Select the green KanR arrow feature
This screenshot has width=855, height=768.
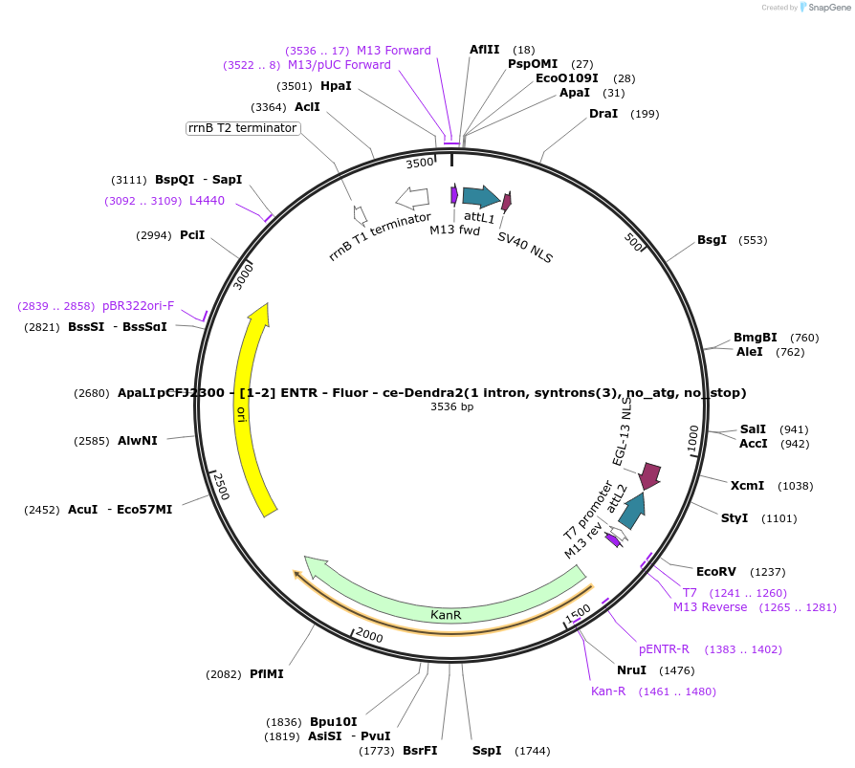446,613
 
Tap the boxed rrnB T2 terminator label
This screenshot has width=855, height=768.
243,128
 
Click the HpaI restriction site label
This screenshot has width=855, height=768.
336,86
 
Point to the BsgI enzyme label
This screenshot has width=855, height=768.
712,240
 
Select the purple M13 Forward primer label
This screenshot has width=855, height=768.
393,51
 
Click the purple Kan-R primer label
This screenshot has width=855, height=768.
608,691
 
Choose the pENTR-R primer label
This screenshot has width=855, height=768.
664,649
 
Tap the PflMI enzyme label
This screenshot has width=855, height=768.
267,674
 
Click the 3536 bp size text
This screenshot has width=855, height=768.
452,407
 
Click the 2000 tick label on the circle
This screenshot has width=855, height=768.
369,636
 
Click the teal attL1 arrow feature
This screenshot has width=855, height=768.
480,197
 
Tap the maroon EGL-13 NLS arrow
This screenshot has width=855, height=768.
650,474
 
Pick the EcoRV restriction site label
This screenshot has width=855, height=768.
716,572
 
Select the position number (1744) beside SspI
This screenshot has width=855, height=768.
533,751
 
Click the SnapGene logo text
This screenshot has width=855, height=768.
826,8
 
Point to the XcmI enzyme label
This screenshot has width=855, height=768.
747,486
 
